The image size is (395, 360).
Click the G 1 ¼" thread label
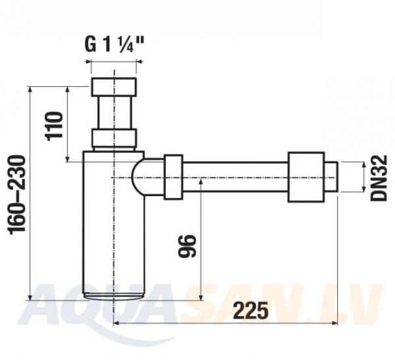tap(114, 44)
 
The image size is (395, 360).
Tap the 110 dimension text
tap(53, 124)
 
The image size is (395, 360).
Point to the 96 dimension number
tap(187, 246)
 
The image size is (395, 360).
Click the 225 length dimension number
tap(251, 311)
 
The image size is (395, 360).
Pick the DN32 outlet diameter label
tap(379, 178)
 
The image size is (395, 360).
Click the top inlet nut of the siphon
tap(114, 87)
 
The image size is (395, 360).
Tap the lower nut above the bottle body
tap(114, 138)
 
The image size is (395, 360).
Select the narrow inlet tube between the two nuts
tap(115, 113)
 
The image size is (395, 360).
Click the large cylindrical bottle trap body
tap(114, 223)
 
